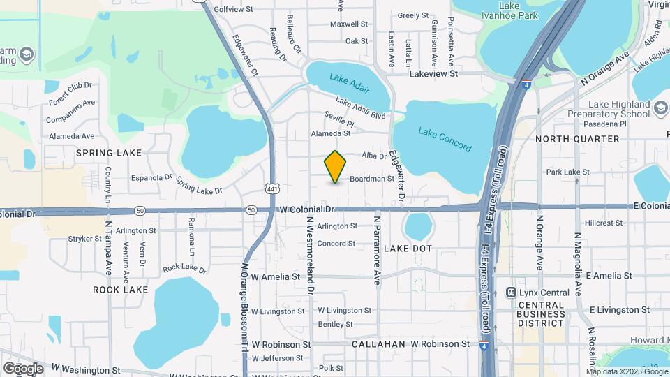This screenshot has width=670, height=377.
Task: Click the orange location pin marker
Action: [336, 166]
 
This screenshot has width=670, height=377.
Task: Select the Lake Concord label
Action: [445, 139]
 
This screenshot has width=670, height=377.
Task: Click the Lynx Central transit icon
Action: [511, 293]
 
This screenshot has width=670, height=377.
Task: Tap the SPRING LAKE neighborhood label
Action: [109, 153]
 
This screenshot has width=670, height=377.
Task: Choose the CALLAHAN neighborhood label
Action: [378, 344]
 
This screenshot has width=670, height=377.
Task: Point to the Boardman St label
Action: [372, 179]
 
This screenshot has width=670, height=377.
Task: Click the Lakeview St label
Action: [433, 73]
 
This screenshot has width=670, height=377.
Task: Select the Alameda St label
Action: [330, 133]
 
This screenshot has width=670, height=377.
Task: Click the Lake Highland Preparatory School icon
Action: [660, 109]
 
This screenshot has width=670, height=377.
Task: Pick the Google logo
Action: [22, 368]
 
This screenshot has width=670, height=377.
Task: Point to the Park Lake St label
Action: [568, 172]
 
